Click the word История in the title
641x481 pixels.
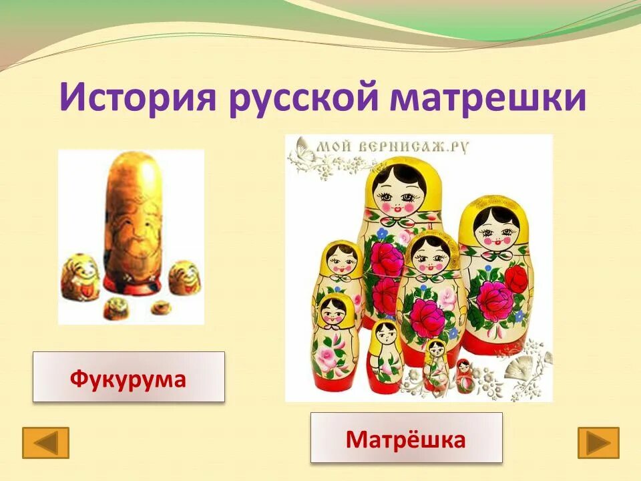[x=138, y=98]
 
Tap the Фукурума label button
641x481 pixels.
[x=128, y=377]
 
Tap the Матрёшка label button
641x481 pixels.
[x=405, y=438]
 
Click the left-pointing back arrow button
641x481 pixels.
[x=45, y=442]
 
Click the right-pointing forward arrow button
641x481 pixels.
[x=598, y=442]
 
